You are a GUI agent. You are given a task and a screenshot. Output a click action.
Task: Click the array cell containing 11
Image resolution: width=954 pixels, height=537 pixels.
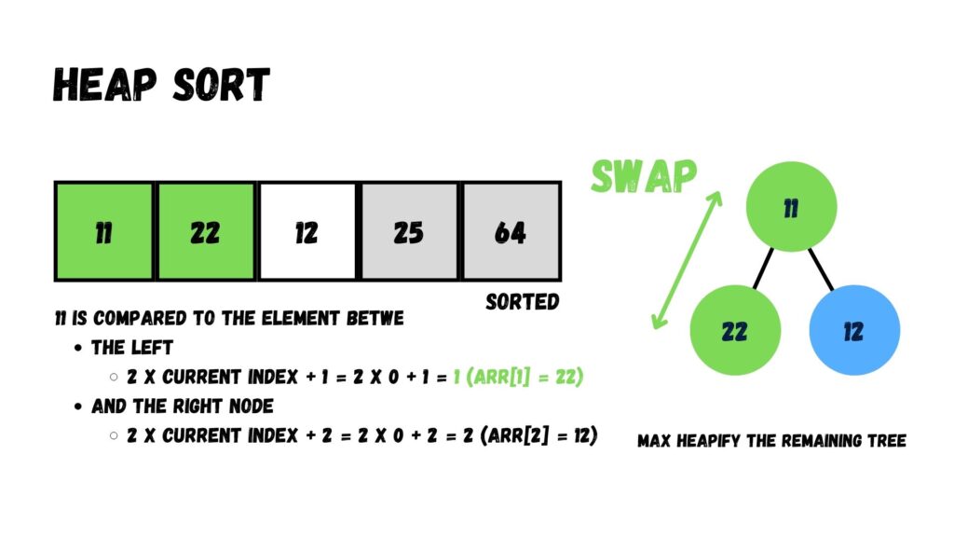pyautogui.click(x=103, y=231)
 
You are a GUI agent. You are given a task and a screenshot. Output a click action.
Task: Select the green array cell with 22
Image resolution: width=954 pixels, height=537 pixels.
pyautogui.click(x=205, y=231)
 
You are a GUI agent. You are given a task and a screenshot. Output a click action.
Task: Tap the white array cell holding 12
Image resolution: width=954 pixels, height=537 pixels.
pyautogui.click(x=307, y=231)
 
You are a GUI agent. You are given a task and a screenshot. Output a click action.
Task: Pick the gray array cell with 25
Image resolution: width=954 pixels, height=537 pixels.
pyautogui.click(x=408, y=231)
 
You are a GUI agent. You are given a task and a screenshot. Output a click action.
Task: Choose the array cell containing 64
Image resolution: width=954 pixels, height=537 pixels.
pyautogui.click(x=511, y=231)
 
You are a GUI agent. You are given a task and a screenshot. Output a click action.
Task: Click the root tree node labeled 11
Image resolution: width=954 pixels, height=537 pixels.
pyautogui.click(x=791, y=206)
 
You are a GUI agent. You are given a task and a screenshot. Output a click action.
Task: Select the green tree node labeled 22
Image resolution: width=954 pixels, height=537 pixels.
pyautogui.click(x=734, y=331)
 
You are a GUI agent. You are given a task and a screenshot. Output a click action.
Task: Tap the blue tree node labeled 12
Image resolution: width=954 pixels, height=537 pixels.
pyautogui.click(x=854, y=331)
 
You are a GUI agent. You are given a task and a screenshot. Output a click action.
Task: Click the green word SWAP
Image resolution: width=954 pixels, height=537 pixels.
pyautogui.click(x=644, y=176)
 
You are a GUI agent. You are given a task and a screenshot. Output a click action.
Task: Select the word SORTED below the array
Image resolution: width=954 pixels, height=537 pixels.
pyautogui.click(x=523, y=302)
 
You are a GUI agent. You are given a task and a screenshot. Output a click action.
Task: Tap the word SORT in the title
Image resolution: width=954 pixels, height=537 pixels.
pyautogui.click(x=221, y=86)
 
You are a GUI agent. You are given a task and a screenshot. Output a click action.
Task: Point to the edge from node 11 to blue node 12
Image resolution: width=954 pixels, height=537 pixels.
pyautogui.click(x=822, y=268)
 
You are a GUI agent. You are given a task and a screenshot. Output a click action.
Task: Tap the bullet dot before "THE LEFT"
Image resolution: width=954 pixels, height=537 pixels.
pyautogui.click(x=78, y=348)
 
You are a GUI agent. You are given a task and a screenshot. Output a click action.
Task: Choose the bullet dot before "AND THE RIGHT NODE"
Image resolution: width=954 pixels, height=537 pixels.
pyautogui.click(x=78, y=406)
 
